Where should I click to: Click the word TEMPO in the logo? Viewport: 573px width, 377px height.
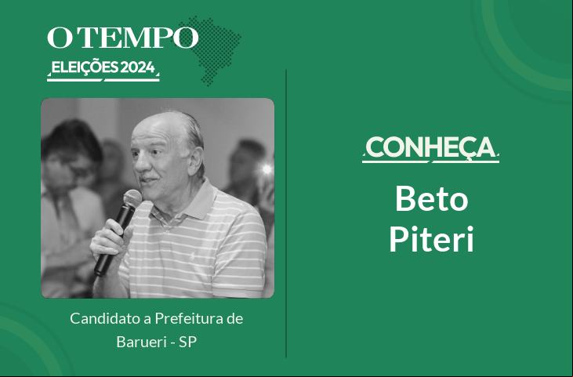[138, 38]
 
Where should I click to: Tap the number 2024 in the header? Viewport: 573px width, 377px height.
[138, 67]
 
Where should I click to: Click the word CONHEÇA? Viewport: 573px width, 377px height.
[430, 148]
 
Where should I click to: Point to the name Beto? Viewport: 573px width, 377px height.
[432, 198]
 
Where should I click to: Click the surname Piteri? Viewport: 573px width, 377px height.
[432, 239]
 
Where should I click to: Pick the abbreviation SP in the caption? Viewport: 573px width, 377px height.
[188, 342]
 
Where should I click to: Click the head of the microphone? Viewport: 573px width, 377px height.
[132, 199]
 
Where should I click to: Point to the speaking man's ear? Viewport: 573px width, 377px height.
[196, 160]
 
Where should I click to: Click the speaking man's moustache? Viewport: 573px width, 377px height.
[150, 178]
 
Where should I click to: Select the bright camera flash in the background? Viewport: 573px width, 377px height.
[267, 169]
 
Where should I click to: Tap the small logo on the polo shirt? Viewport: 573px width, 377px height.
[192, 256]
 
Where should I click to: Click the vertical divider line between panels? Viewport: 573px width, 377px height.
[286, 213]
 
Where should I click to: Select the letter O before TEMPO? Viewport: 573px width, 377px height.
[60, 38]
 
